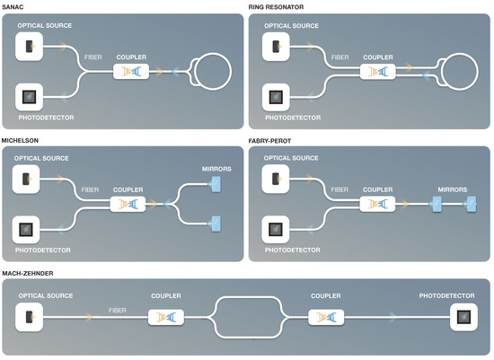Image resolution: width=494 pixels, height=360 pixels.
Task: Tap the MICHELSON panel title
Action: [21, 140]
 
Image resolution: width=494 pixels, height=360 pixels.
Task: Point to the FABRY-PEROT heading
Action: [271, 140]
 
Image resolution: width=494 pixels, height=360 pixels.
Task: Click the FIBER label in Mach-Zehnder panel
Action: [118, 309]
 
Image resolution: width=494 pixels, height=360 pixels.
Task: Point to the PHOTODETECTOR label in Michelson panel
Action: [43, 249]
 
